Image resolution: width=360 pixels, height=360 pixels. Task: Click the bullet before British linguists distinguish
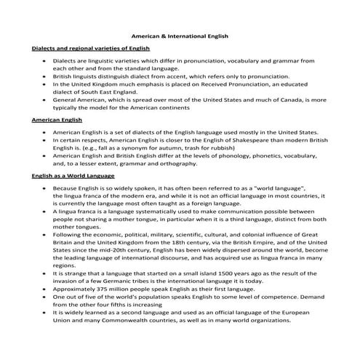(x=47, y=76)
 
